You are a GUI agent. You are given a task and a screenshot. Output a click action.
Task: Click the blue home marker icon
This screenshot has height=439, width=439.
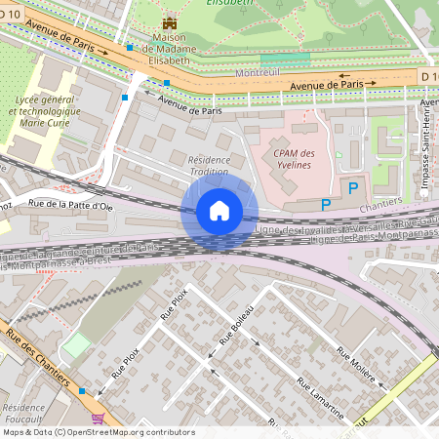[219, 210]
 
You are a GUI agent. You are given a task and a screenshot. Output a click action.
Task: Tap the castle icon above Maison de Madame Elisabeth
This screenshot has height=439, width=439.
[171, 22]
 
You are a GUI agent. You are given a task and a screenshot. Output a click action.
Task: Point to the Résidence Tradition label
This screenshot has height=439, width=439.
[208, 165]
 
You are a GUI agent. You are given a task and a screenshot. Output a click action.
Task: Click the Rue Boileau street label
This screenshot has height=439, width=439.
[238, 325]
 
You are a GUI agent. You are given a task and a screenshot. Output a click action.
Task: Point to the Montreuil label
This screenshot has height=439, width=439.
[258, 73]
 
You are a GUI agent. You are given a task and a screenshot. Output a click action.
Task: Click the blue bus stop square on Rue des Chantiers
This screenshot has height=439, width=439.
[82, 390]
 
